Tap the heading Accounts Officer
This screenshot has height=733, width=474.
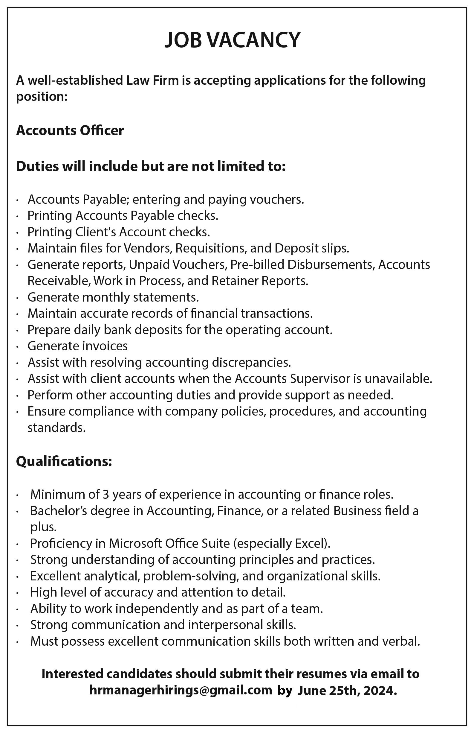point(70,130)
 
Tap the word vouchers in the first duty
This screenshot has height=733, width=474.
point(276,200)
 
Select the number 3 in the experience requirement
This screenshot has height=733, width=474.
point(106,494)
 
